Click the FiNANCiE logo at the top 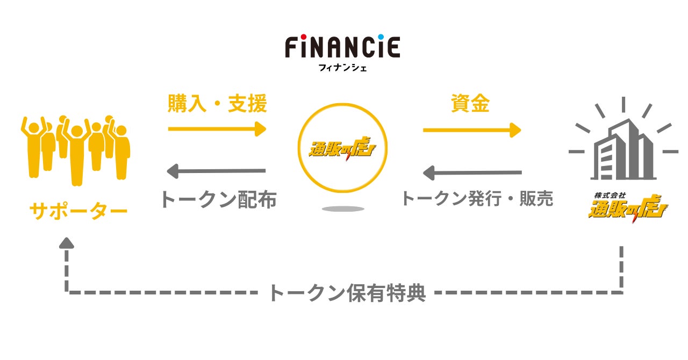342,47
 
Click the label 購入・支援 217,104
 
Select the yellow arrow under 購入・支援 217,129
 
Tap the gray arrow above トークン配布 217,171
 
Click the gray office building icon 623,145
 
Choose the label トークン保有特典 347,293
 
